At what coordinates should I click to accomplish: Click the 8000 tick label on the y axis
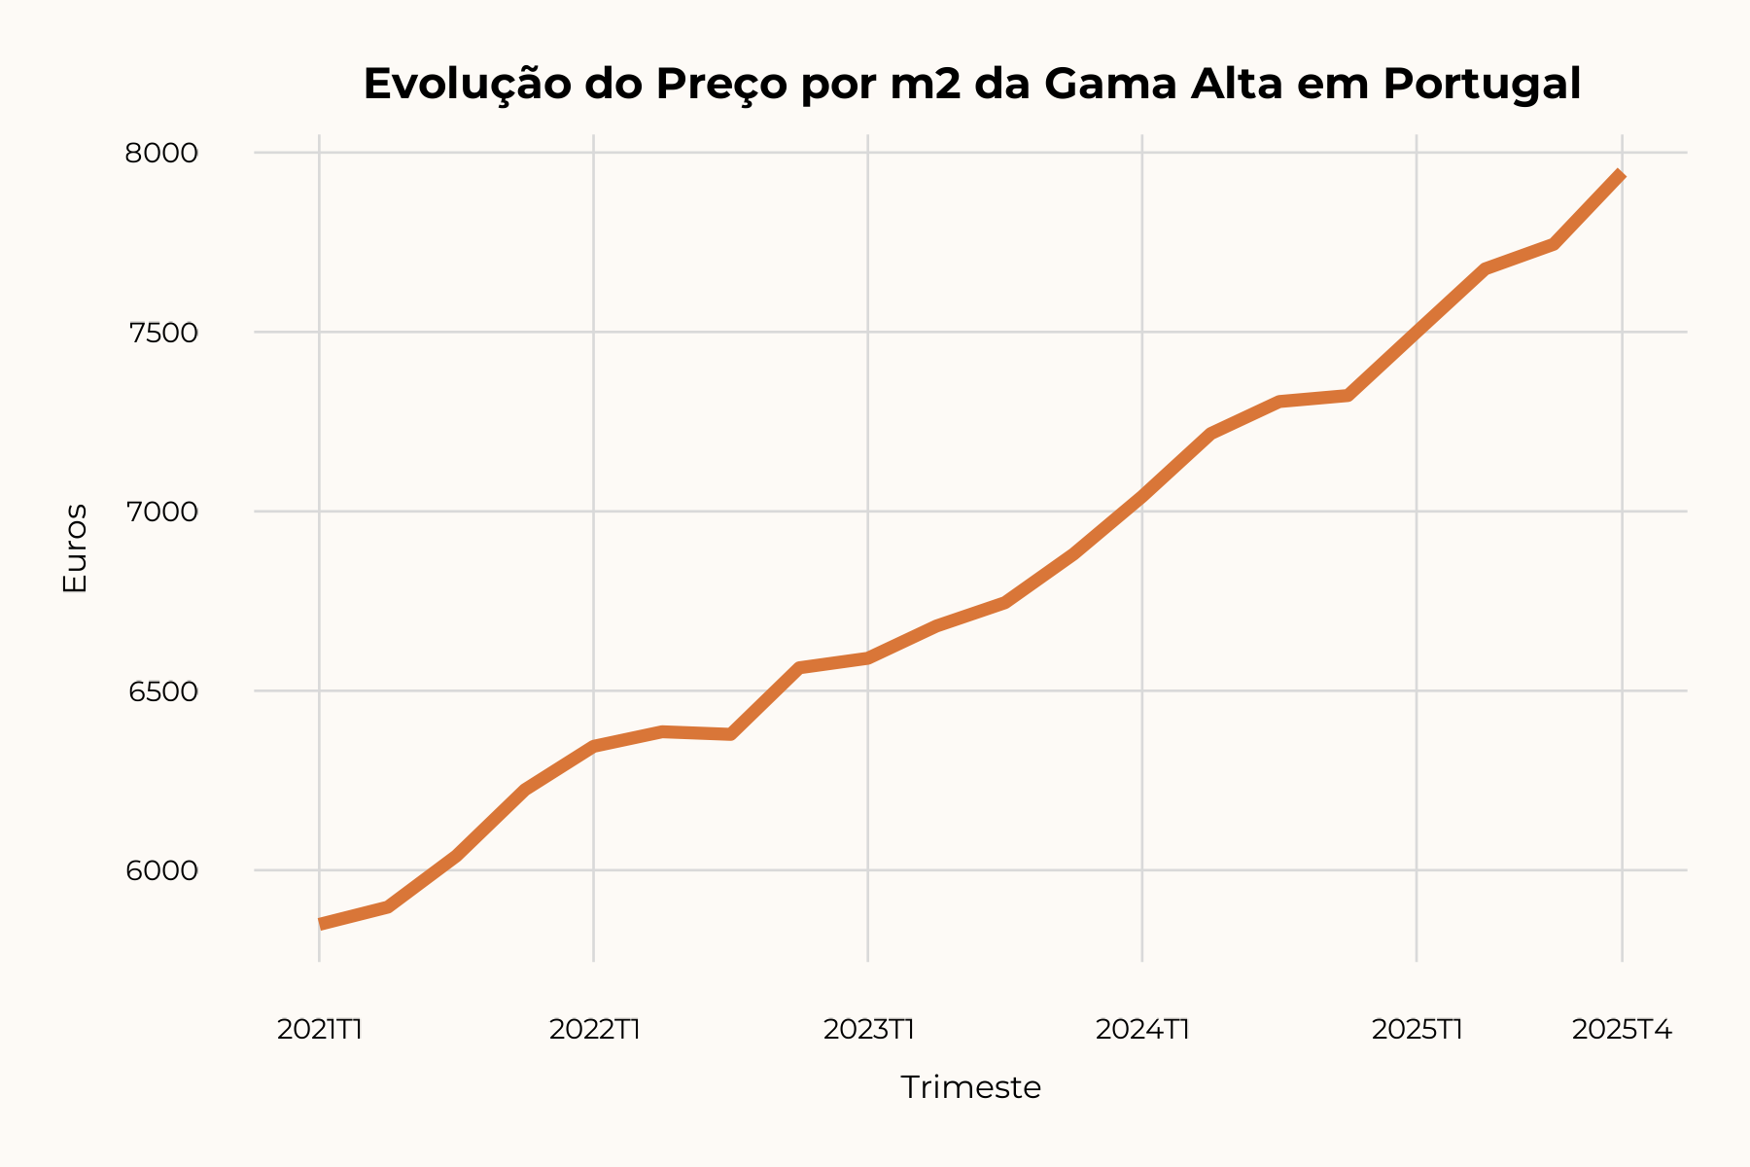pyautogui.click(x=161, y=154)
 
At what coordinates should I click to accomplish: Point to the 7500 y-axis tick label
pyautogui.click(x=161, y=333)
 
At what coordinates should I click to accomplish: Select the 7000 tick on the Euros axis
pyautogui.click(x=161, y=512)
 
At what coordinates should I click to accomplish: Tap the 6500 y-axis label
pyautogui.click(x=161, y=691)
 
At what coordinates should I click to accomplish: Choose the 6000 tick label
pyautogui.click(x=161, y=870)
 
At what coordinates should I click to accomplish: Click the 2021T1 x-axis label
pyautogui.click(x=320, y=1029)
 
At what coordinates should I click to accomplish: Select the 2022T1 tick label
pyautogui.click(x=594, y=1029)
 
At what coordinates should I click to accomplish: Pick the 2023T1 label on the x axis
pyautogui.click(x=868, y=1029)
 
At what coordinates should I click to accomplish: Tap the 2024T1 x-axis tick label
pyautogui.click(x=1142, y=1029)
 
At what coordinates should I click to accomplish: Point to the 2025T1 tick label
pyautogui.click(x=1417, y=1029)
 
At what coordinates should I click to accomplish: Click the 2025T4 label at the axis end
pyautogui.click(x=1622, y=1029)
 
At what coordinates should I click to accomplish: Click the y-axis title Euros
pyautogui.click(x=75, y=548)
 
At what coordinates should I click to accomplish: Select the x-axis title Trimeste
pyautogui.click(x=970, y=1087)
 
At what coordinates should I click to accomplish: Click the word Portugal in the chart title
pyautogui.click(x=1482, y=85)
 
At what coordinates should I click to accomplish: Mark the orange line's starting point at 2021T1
pyautogui.click(x=321, y=924)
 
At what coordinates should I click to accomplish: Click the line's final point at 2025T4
pyautogui.click(x=1622, y=175)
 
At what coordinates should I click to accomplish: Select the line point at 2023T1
pyautogui.click(x=868, y=658)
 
